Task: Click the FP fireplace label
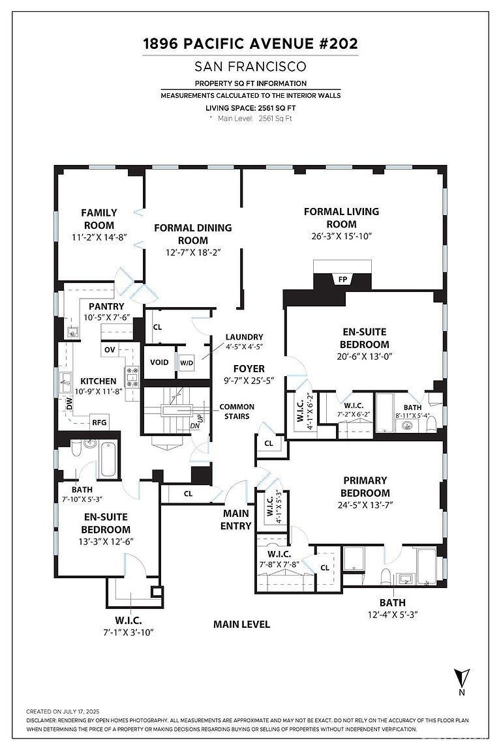[342, 280]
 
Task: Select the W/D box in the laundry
[187, 362]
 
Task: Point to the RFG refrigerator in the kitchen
[99, 422]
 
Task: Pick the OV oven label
[109, 350]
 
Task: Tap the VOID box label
[159, 362]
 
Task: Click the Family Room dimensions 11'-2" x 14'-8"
[99, 238]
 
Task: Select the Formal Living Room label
[341, 218]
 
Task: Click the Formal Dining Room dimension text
[192, 252]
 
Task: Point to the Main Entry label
[235, 519]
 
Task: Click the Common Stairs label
[237, 411]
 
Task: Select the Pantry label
[106, 306]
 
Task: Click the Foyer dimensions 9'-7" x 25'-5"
[249, 381]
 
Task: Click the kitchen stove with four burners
[132, 377]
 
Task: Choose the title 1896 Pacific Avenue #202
[250, 44]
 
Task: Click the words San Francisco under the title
[250, 66]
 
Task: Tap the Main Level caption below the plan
[241, 624]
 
